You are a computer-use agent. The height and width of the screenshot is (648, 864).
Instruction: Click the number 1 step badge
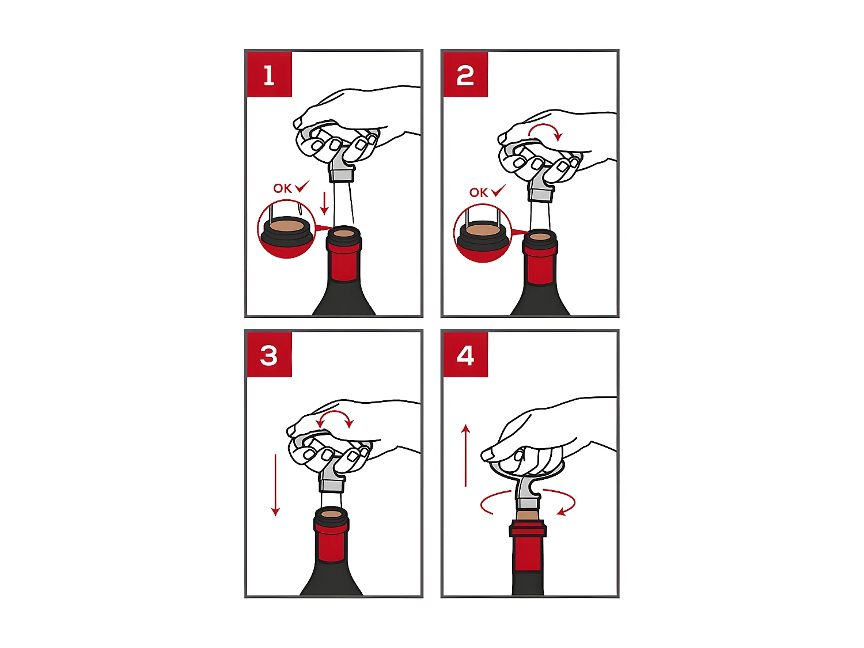click(x=269, y=74)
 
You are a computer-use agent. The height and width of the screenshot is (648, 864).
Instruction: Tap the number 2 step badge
click(x=465, y=74)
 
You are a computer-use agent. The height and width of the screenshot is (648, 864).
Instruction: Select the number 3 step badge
click(x=269, y=354)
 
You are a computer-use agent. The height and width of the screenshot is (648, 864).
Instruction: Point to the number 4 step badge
click(x=465, y=354)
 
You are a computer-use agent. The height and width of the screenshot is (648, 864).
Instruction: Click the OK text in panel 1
click(x=282, y=188)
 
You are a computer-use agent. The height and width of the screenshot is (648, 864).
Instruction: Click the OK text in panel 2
click(x=478, y=192)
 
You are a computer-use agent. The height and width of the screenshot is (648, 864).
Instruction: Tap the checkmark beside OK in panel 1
click(x=302, y=185)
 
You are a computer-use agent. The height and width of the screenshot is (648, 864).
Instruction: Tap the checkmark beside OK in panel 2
click(x=498, y=190)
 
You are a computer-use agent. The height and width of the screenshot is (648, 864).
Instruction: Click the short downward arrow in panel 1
click(x=324, y=203)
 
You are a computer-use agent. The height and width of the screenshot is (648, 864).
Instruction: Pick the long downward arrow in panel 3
click(x=275, y=485)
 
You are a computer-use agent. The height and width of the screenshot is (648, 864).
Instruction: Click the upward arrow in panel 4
click(x=465, y=456)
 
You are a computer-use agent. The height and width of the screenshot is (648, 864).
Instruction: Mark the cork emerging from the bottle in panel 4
click(x=528, y=515)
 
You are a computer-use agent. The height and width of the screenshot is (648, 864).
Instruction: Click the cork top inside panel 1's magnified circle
click(x=286, y=226)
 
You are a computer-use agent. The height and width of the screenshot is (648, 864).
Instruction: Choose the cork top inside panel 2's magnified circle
click(x=482, y=231)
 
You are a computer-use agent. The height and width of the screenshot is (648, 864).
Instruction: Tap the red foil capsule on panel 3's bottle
click(x=331, y=539)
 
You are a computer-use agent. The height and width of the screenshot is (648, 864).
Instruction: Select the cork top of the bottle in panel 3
click(x=331, y=513)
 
